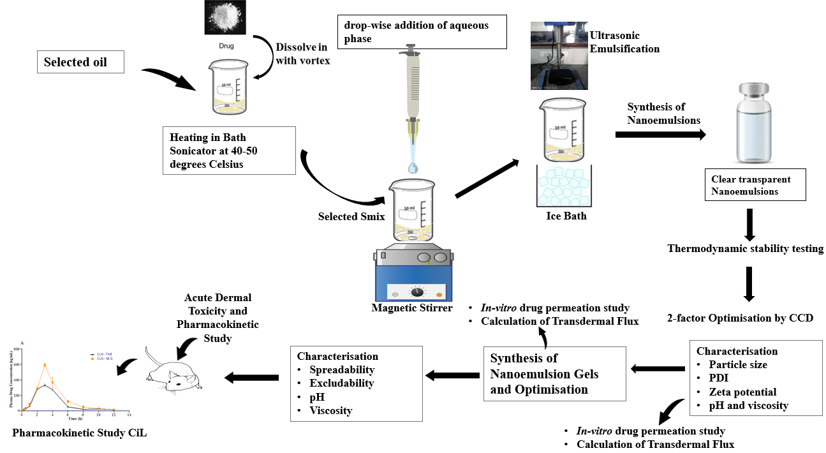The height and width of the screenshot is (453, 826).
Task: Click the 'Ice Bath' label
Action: tap(566, 216)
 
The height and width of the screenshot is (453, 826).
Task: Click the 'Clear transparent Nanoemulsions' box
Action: tap(755, 184)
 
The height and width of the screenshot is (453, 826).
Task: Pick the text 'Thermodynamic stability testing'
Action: tap(745, 248)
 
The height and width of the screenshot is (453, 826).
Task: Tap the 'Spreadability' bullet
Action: tap(342, 369)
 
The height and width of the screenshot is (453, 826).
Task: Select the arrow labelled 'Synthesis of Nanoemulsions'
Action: tap(661, 134)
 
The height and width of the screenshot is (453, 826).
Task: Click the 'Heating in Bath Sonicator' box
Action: tap(229, 150)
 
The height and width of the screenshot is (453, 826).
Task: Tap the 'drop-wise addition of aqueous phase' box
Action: tap(422, 32)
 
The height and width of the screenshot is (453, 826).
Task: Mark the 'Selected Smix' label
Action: tap(351, 216)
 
